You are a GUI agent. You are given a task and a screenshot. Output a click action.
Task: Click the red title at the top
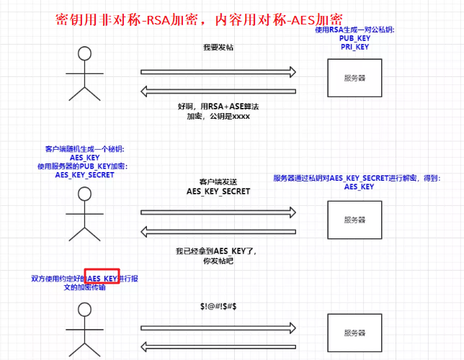coord(199,19)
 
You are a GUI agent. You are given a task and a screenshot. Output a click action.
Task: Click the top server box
coord(354,78)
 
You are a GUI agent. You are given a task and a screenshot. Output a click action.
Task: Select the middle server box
coord(354,220)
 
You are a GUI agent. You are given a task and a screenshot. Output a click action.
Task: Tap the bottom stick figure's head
coord(84,310)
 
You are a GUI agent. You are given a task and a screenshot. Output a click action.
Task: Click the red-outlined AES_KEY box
coord(102,278)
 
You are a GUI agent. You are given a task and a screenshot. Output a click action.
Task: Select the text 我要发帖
coord(218,48)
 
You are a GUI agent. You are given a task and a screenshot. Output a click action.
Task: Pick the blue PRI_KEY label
coord(354,47)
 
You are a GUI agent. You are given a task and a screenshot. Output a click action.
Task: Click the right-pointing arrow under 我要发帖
coord(218,71)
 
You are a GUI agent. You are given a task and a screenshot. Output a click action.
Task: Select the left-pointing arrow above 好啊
coord(218,90)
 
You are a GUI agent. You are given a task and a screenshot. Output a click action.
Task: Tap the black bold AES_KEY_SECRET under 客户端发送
coord(218,192)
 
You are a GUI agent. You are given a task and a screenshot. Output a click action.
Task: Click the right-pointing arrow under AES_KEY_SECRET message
coord(218,212)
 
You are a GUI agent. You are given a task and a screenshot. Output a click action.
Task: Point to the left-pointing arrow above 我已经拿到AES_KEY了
coord(218,230)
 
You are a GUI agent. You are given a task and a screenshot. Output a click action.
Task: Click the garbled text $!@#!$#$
coord(218,307)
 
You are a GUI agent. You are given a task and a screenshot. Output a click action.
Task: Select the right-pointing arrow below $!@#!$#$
coord(218,328)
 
